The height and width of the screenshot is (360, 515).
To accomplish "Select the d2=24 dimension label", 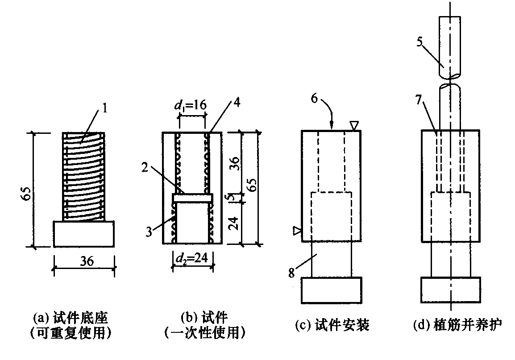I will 192,257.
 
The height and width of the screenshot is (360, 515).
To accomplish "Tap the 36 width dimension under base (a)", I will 85,261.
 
